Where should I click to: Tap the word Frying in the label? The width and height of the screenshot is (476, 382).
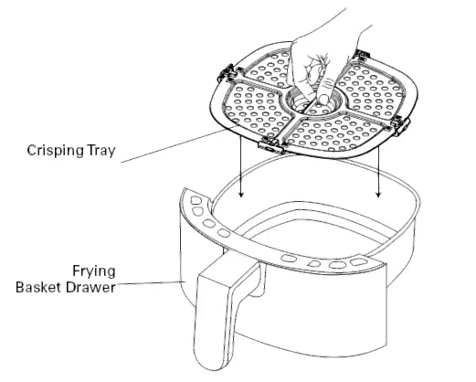(94, 271)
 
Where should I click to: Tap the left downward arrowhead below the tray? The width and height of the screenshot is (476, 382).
(241, 194)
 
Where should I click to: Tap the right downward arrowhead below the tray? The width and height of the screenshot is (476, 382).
(378, 194)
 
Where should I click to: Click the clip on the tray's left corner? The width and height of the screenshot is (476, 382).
(227, 73)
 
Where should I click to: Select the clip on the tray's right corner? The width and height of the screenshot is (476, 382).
(400, 125)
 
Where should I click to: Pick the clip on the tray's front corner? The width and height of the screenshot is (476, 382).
(271, 145)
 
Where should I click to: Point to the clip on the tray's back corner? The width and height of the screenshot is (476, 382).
(362, 54)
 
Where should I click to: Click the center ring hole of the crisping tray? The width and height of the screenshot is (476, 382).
(313, 102)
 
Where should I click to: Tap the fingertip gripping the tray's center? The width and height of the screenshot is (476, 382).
(323, 100)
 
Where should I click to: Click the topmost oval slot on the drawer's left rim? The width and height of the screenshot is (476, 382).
(196, 200)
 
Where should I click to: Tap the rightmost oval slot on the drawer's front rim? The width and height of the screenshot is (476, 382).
(359, 262)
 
